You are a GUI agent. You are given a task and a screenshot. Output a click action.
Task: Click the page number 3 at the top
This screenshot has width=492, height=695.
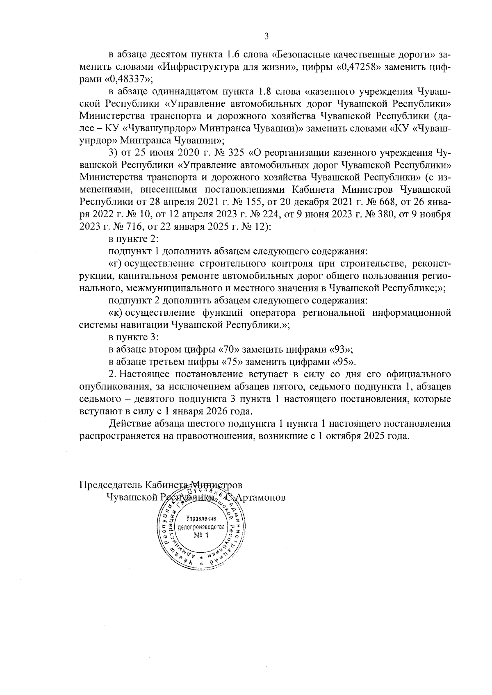coord(266,36)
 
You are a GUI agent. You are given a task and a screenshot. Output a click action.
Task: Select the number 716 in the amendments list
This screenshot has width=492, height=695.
coord(123,226)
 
